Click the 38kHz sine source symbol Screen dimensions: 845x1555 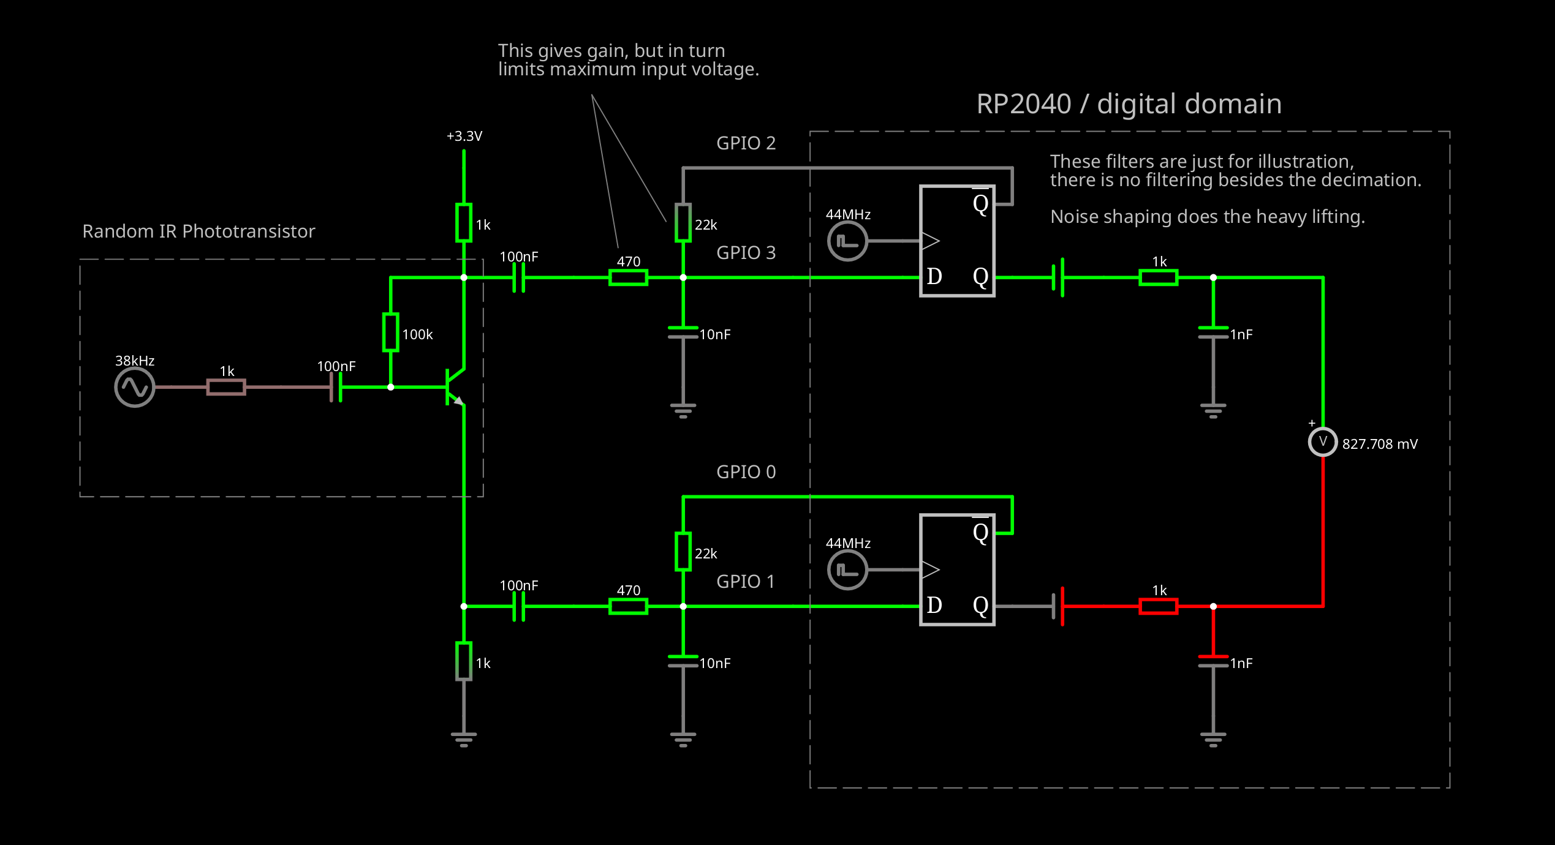(135, 387)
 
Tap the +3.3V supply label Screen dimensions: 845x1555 (464, 136)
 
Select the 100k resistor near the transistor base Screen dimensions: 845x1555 (390, 332)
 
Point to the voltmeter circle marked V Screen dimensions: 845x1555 (1323, 441)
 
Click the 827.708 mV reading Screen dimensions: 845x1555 (1380, 444)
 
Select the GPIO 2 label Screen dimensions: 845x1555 (746, 143)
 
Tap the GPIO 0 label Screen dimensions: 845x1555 (746, 472)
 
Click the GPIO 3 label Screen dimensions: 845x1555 (746, 253)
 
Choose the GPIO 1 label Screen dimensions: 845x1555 (745, 582)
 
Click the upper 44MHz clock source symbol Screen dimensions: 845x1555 (847, 241)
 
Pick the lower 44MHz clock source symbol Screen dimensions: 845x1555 (847, 570)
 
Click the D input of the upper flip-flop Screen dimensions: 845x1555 (934, 277)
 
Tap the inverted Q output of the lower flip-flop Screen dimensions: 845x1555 (980, 532)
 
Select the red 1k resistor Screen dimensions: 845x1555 (1158, 606)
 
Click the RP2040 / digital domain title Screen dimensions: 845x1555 (1129, 104)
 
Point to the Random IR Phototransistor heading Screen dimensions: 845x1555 (199, 231)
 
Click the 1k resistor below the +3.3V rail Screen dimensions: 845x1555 (464, 223)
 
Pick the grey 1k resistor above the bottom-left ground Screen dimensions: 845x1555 (464, 661)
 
